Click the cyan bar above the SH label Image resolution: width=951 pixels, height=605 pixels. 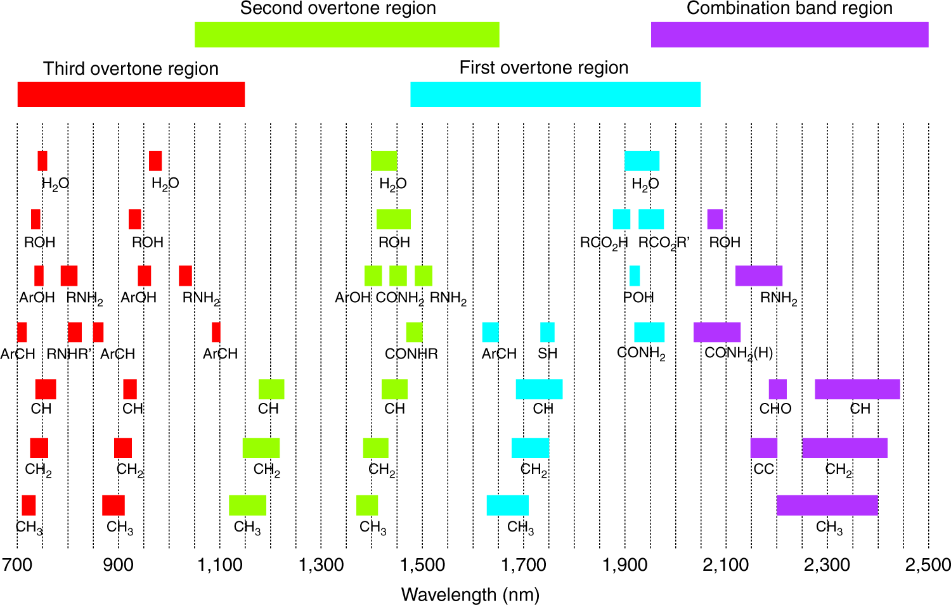(x=547, y=332)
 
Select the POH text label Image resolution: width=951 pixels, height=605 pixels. (x=638, y=297)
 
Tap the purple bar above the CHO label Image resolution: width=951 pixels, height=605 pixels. (x=777, y=389)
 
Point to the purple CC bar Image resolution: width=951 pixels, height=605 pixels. (x=763, y=448)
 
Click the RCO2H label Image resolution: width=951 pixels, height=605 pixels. (x=604, y=243)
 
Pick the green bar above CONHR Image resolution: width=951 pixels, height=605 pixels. (x=414, y=332)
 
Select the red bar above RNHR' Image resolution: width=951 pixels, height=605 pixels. (x=75, y=332)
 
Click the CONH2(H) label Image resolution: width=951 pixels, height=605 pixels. (x=739, y=353)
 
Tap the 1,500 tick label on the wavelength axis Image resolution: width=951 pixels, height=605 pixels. (x=422, y=564)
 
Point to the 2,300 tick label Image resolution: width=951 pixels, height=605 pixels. (x=827, y=564)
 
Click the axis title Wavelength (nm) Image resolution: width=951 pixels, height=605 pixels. (x=470, y=595)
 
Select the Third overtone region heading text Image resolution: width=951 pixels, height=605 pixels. (x=131, y=68)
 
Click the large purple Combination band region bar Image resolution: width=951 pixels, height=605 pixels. (x=789, y=34)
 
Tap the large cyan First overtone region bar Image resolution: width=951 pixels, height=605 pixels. (x=555, y=94)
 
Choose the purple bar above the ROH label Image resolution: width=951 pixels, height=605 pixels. (x=715, y=219)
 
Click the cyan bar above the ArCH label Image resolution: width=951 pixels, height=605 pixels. (x=490, y=332)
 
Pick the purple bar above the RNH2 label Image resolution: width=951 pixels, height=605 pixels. (x=758, y=276)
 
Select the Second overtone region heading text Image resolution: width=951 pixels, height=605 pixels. (x=338, y=8)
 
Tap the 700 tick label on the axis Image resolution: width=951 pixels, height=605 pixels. (x=17, y=564)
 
